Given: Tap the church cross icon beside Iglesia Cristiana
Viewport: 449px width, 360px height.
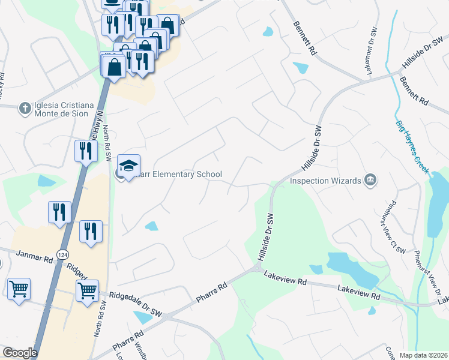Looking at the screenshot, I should coord(25,109).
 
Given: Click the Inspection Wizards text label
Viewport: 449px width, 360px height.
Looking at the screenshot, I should coord(325,181).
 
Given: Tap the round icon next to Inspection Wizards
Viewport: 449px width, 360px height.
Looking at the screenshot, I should coord(370,180).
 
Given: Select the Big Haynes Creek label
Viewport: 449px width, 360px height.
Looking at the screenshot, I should coord(412,148).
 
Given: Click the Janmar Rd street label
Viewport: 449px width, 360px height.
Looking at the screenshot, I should coord(35,259).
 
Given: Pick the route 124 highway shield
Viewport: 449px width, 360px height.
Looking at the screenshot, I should coord(62,256).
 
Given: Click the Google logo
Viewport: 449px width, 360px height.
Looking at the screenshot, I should coord(20,353).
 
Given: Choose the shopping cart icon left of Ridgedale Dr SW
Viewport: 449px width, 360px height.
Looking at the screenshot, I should coord(88,291).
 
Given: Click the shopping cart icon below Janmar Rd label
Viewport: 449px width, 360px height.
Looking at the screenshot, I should coord(19,289).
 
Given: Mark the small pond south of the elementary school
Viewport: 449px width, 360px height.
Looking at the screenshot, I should coord(152,226).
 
